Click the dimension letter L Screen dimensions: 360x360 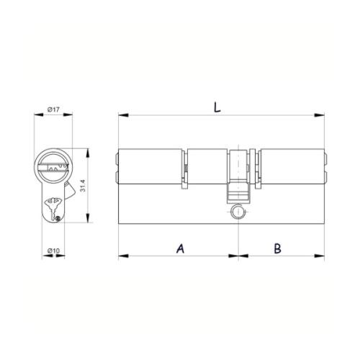[217, 107]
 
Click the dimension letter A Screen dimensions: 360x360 [181, 248]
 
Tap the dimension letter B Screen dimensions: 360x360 [278, 248]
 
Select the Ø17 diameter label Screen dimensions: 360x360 [53, 109]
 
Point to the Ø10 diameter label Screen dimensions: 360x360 [53, 251]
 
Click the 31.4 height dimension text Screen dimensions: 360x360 [83, 186]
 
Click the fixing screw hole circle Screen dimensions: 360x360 [238, 212]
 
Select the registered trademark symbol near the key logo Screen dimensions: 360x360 [58, 219]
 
